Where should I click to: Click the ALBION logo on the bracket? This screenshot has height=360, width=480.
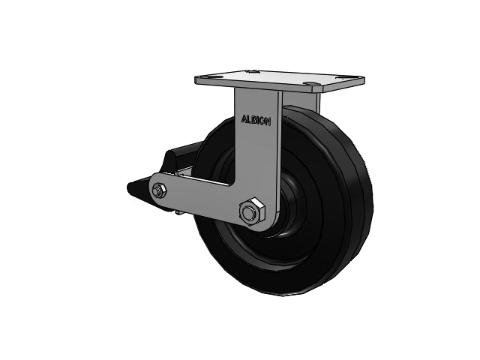click(x=256, y=120)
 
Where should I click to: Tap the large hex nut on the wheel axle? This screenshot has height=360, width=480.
click(x=252, y=211)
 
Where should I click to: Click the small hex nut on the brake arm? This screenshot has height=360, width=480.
click(x=159, y=191)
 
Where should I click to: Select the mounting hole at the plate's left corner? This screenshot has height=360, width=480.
click(x=202, y=76)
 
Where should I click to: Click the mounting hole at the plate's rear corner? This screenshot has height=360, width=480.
click(x=253, y=72)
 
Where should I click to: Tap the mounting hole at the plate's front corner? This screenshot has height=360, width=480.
click(x=308, y=83)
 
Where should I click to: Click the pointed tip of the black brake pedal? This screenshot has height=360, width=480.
click(x=128, y=186)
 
